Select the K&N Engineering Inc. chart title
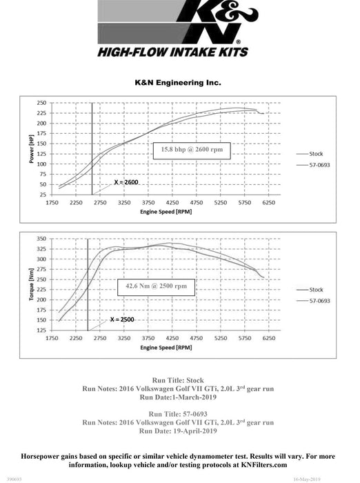178,82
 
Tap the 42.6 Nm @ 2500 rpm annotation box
156,285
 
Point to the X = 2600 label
126,182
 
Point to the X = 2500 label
123,320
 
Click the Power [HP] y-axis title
31,149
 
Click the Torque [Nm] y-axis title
31,285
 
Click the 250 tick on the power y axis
42,102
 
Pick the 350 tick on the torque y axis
42,238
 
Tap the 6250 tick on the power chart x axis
268,203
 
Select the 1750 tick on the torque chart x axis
52,339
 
